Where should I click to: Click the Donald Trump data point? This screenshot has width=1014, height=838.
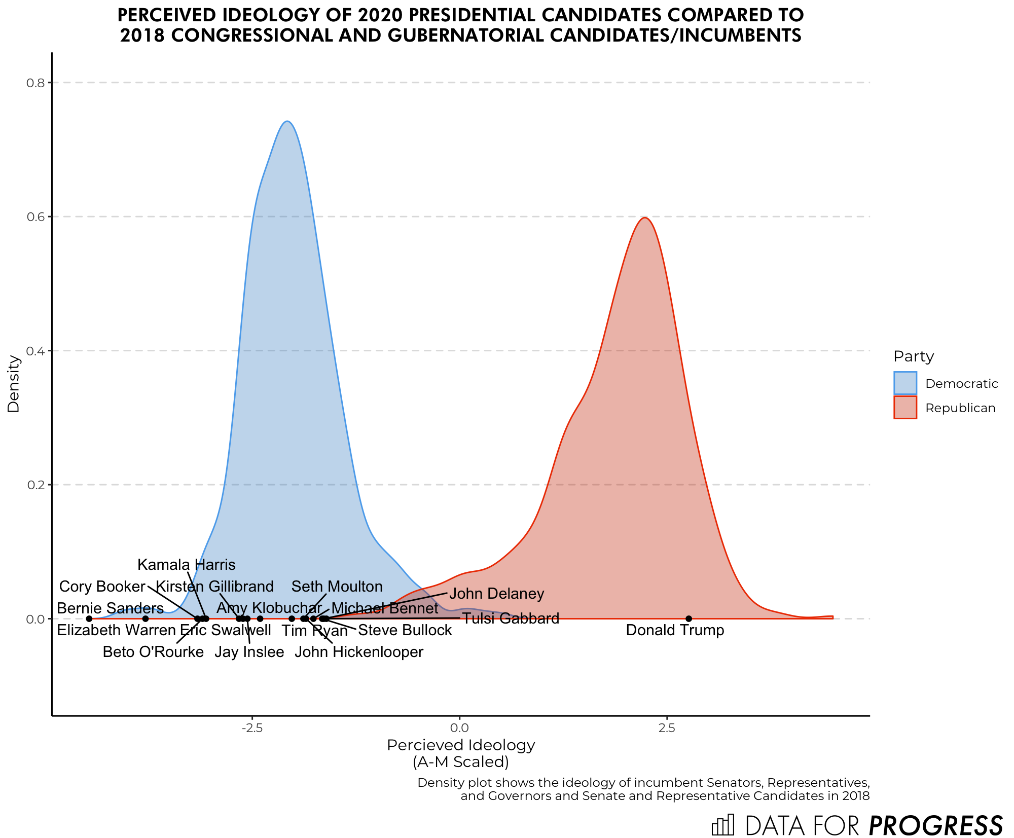point(689,618)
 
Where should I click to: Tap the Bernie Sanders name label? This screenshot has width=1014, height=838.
point(110,608)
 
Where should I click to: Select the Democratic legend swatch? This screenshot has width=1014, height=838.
point(905,383)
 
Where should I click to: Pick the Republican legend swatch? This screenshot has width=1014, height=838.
point(905,408)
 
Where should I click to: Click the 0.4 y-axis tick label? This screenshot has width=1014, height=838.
point(35,351)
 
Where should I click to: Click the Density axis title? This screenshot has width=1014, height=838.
point(14,383)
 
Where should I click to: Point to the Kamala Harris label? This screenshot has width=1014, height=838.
point(187,565)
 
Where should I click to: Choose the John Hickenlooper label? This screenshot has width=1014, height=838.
point(359,652)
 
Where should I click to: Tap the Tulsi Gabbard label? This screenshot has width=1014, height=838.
point(511,618)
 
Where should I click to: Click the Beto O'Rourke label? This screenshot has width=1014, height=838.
point(153,652)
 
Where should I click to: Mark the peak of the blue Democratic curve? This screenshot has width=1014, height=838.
point(287,122)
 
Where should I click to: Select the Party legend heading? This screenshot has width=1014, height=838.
point(914,356)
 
